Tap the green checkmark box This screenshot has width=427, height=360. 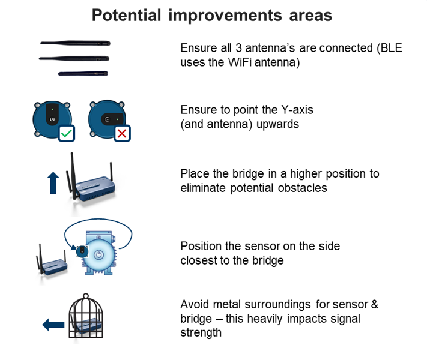(67, 133)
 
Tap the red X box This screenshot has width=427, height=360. (121, 133)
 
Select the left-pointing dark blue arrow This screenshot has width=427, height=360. (53, 325)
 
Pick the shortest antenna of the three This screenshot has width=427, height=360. (83, 73)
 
